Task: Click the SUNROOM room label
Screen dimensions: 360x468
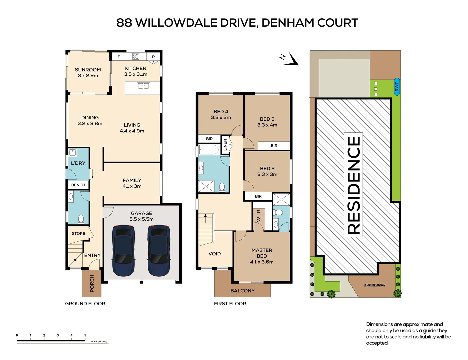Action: (88, 70)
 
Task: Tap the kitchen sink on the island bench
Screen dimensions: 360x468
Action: (143, 86)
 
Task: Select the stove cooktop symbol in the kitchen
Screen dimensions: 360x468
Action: (135, 56)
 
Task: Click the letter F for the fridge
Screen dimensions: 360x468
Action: (119, 57)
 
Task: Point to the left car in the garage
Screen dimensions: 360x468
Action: (123, 250)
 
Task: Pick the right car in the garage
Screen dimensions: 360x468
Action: (159, 250)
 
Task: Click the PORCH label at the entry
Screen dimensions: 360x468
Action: (92, 283)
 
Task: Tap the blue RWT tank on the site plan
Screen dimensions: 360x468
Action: (397, 87)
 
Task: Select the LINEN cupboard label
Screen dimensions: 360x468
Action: (225, 145)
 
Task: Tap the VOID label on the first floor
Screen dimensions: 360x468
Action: (215, 254)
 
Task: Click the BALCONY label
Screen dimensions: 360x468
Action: (242, 291)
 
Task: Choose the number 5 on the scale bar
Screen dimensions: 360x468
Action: (85, 335)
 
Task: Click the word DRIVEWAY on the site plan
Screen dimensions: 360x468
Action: (374, 285)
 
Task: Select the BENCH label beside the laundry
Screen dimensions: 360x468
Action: (78, 185)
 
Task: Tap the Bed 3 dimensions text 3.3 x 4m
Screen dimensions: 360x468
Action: (267, 125)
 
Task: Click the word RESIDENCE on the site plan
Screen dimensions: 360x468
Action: (353, 185)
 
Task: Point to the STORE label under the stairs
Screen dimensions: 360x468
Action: (79, 234)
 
